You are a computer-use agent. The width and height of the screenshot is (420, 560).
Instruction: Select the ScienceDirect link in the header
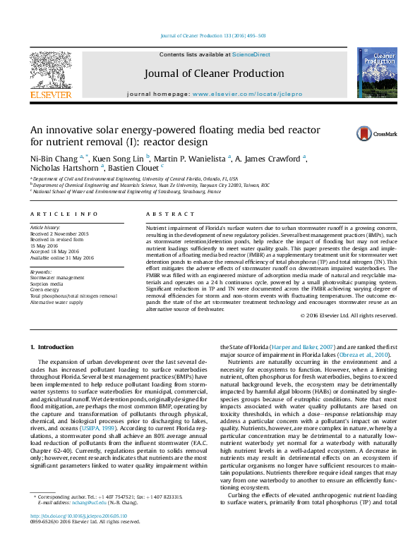pyautogui.click(x=252, y=54)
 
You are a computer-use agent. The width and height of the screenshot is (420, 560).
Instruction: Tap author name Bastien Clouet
pyautogui.click(x=136, y=168)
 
